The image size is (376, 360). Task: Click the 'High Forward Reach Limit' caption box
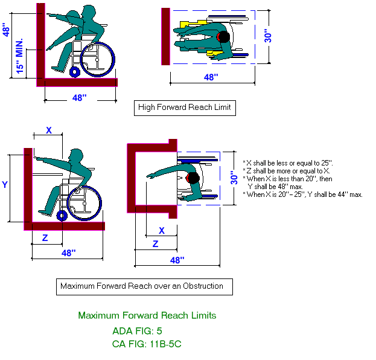tap(184, 108)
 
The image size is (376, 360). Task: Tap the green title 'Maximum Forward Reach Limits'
tap(147, 315)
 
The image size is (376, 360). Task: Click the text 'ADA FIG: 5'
tap(137, 331)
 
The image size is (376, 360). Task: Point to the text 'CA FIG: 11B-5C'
tap(147, 345)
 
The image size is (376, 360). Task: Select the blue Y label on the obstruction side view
tap(5, 184)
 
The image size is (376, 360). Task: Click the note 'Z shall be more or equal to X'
tap(284, 171)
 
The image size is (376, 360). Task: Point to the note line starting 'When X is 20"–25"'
tap(302, 194)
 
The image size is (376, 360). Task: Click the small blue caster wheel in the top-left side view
tap(75, 72)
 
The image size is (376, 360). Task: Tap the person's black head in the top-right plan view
tap(223, 37)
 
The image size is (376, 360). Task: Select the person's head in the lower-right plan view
tap(193, 178)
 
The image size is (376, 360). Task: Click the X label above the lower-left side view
tap(49, 130)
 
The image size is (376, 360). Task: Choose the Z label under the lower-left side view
tap(44, 239)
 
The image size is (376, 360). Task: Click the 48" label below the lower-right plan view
tap(176, 260)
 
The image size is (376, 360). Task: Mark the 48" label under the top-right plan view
tap(211, 77)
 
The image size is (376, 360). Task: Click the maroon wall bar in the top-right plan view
tap(165, 36)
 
